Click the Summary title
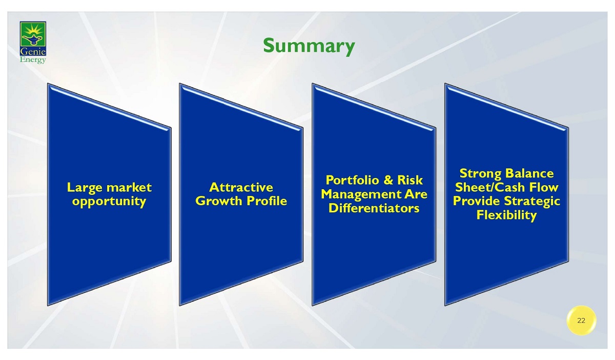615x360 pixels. coord(309,47)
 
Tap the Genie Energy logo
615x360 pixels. coord(33,43)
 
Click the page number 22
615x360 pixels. coord(581,321)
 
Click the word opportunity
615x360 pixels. coord(109,202)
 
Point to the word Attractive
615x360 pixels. coord(241,187)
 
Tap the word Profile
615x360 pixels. coord(267,201)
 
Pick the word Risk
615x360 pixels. coord(410,181)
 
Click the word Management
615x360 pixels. coord(361,195)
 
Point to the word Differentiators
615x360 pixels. coord(374,208)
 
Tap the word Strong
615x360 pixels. coord(480,174)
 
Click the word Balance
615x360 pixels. coord(529,173)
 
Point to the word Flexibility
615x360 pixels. coord(506,215)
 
